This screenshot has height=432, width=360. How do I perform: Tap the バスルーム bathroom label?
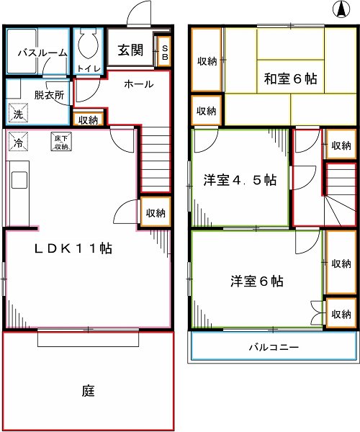pyautogui.click(x=42, y=53)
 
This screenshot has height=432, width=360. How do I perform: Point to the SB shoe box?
pyautogui.click(x=163, y=51)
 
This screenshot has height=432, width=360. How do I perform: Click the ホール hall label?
pyautogui.click(x=138, y=84)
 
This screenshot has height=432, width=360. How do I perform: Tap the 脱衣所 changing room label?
pyautogui.click(x=49, y=94)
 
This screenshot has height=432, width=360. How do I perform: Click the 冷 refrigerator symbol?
pyautogui.click(x=16, y=141)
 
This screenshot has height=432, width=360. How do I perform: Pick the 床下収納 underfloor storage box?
pyautogui.click(x=60, y=141)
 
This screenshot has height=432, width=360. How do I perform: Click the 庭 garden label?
pyautogui.click(x=88, y=392)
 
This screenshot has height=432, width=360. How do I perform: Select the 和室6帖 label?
pyautogui.click(x=290, y=78)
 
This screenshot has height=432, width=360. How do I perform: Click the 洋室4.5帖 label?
pyautogui.click(x=239, y=181)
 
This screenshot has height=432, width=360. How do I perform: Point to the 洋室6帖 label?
pyautogui.click(x=256, y=281)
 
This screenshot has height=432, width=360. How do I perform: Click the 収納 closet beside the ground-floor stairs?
pyautogui.click(x=156, y=212)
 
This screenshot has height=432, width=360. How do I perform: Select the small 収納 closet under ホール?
pyautogui.click(x=89, y=120)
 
